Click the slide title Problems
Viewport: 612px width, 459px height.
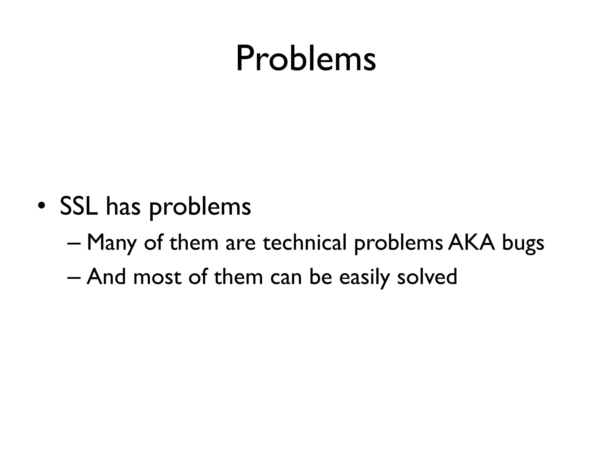point(306,59)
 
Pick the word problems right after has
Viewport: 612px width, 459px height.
point(200,208)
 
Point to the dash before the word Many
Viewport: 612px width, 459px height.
point(74,243)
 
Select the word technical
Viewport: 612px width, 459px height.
point(305,242)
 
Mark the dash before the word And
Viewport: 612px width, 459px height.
point(74,277)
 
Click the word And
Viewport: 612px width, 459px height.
point(106,276)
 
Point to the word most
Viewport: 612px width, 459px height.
point(157,277)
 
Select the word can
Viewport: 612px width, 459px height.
point(286,278)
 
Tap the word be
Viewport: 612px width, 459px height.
point(321,276)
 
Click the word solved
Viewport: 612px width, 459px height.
point(427,276)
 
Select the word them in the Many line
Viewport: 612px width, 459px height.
point(194,242)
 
